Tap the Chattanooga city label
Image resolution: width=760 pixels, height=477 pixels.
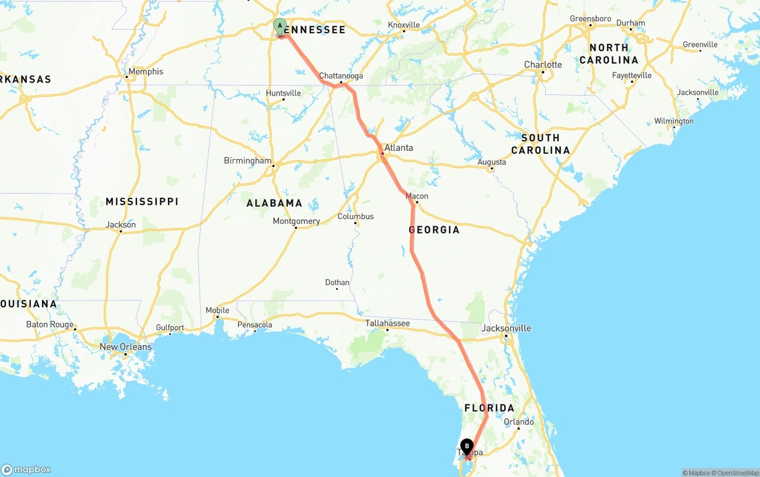341,76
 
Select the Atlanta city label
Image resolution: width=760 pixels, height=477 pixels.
398,148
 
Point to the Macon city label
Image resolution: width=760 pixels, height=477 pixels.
416,196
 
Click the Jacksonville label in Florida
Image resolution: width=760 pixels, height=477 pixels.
506,328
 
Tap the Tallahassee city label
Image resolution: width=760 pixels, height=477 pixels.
387,323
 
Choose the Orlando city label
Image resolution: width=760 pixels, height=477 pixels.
518,422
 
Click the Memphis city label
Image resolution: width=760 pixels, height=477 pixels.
145,71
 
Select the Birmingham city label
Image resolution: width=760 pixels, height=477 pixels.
248,161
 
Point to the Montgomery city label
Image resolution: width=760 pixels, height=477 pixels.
296,221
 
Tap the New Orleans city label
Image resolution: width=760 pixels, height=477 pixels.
125,347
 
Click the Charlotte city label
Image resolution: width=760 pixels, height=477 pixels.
543,65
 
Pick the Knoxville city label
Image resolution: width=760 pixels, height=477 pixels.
404,25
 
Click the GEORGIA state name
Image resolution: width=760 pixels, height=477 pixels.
434,230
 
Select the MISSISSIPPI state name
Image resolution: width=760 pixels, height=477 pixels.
142,202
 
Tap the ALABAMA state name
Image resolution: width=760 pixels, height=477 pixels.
274,203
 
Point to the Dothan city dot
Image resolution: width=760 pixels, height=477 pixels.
337,289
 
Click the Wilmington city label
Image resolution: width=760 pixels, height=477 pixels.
673,121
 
